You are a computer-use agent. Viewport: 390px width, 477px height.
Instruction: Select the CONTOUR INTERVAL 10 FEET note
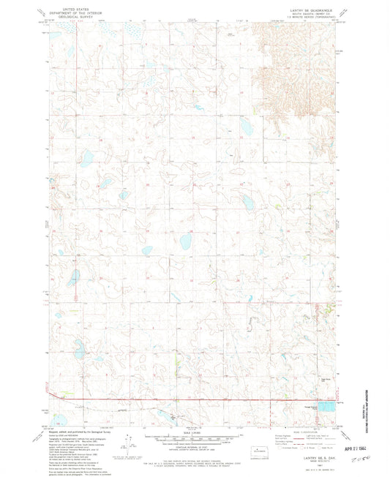[x=194, y=447]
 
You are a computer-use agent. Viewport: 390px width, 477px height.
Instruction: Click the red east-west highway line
[x=183, y=400]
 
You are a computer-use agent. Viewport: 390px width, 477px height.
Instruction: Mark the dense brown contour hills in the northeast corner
[x=293, y=66]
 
